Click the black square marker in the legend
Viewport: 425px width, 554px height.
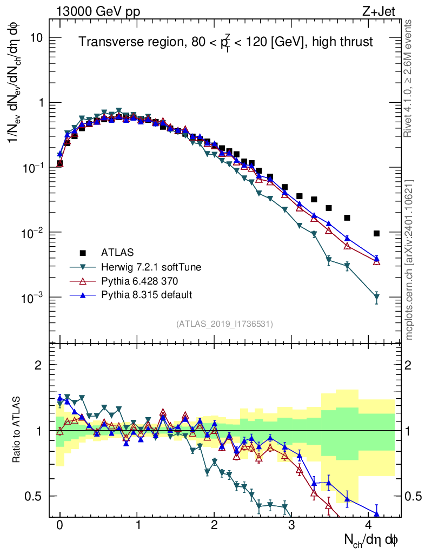(x=83, y=252)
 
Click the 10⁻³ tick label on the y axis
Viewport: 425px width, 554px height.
(x=32, y=298)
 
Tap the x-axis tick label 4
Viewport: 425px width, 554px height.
(x=369, y=525)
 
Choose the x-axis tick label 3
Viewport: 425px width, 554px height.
(x=291, y=525)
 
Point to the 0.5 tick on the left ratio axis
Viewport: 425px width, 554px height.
(x=35, y=496)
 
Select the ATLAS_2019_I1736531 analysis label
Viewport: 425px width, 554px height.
(x=224, y=324)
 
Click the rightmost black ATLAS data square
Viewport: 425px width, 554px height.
(x=376, y=233)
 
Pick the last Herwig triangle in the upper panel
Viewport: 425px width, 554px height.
(x=376, y=297)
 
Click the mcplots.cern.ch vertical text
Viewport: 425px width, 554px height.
(x=410, y=260)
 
